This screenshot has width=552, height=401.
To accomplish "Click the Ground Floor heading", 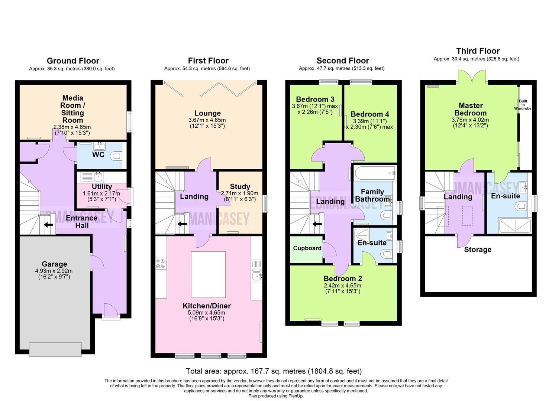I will (73, 61).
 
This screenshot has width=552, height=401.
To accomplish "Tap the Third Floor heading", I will (478, 51).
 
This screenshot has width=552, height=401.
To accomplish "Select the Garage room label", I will (54, 264).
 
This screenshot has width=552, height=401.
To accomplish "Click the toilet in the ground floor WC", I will (116, 156).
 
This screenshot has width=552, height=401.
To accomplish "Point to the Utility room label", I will (101, 187).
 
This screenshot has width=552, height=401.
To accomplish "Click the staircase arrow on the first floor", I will (182, 224).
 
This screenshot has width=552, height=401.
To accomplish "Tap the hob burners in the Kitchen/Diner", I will (161, 264).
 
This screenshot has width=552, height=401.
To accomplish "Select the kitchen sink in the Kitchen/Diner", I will (257, 276).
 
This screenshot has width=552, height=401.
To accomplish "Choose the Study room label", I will (240, 187).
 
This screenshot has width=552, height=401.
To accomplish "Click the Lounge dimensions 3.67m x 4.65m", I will (207, 120).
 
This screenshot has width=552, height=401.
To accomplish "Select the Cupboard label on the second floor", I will (307, 248).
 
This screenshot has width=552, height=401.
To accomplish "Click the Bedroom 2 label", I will (342, 279).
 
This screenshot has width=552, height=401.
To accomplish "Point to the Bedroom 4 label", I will (369, 114).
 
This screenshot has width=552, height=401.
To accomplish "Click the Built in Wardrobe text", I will (523, 105).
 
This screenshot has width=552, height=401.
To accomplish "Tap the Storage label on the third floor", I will (478, 250).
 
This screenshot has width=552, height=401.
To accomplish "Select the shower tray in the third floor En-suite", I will (515, 226).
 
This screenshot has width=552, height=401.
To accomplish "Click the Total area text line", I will (274, 371).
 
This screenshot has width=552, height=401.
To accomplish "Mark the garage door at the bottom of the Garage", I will (55, 349).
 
